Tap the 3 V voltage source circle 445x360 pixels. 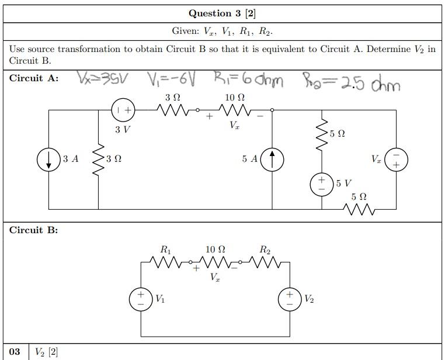123,109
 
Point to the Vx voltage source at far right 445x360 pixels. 396,159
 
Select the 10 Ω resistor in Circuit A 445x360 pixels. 235,109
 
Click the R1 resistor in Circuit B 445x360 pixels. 166,263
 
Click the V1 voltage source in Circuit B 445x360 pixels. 141,299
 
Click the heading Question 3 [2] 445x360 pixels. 222,13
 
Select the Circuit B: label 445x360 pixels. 33,230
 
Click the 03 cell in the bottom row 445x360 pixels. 15,352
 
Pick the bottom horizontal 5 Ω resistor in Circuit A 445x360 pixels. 359,209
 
